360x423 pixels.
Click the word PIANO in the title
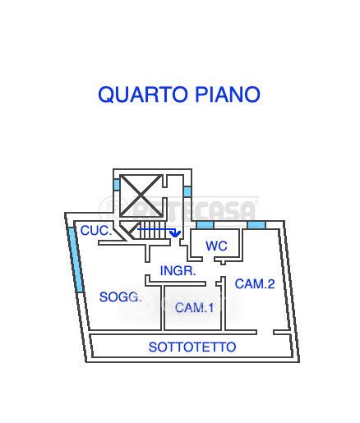pyautogui.click(x=227, y=94)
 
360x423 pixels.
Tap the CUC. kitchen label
pyautogui.click(x=96, y=231)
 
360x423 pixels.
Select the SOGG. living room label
pyautogui.click(x=120, y=297)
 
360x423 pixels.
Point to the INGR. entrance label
pyautogui.click(x=178, y=271)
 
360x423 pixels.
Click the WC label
pyautogui.click(x=216, y=246)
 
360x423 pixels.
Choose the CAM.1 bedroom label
pyautogui.click(x=194, y=308)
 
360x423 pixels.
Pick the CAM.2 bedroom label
pyautogui.click(x=255, y=283)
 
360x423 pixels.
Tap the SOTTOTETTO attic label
pyautogui.click(x=192, y=347)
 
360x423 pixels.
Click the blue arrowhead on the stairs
pyautogui.click(x=175, y=233)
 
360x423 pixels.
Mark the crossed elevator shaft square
pyautogui.click(x=141, y=196)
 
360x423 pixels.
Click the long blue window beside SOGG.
pyautogui.click(x=76, y=260)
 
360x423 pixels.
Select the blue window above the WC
pyautogui.click(x=205, y=225)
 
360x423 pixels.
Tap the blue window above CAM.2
pyautogui.click(x=256, y=225)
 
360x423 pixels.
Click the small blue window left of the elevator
pyautogui.click(x=117, y=185)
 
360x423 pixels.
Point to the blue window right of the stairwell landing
pyautogui.click(x=187, y=191)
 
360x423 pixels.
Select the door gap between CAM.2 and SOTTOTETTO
pyautogui.click(x=265, y=333)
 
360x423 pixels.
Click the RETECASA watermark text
pyautogui.click(x=194, y=211)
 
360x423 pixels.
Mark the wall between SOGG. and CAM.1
pyautogui.click(x=163, y=308)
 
